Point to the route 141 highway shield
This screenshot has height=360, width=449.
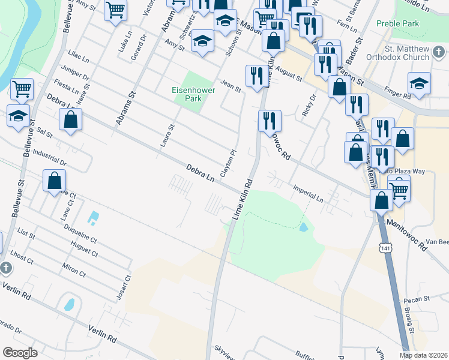384,247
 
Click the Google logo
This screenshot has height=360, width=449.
20,352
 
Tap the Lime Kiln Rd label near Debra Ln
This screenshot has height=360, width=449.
243,199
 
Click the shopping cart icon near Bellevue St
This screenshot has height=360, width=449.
22,89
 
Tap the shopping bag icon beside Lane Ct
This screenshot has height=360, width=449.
54,180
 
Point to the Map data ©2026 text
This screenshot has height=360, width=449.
423,355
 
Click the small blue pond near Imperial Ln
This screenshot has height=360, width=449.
303,227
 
